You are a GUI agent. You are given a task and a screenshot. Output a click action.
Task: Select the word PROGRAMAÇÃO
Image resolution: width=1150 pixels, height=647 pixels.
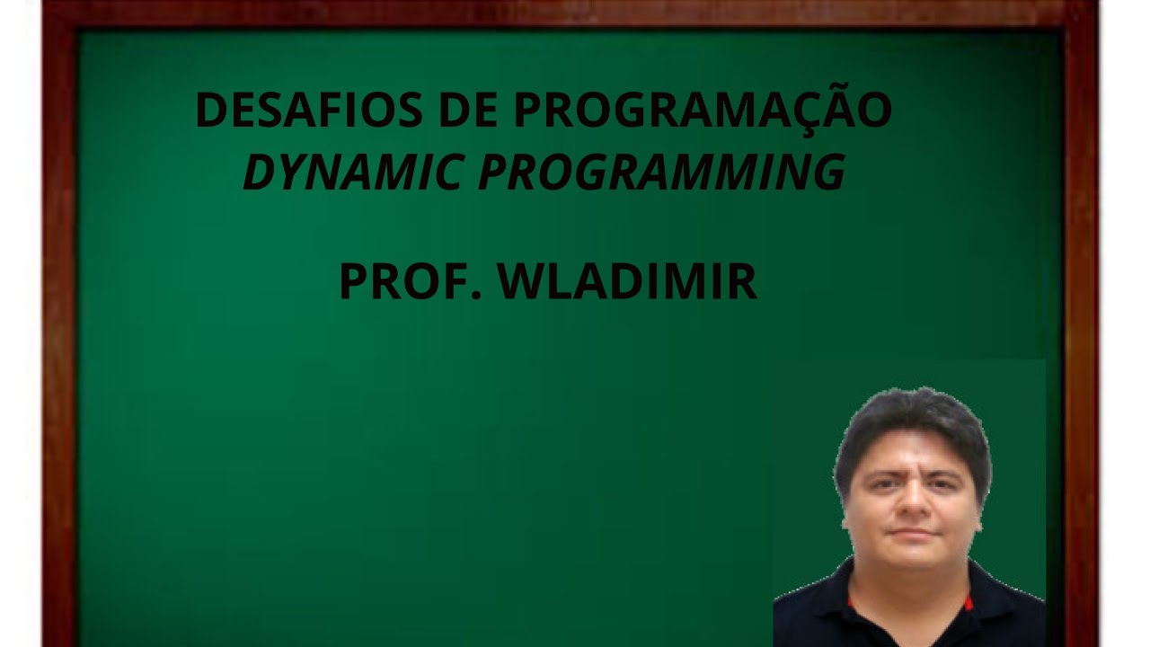coord(703,110)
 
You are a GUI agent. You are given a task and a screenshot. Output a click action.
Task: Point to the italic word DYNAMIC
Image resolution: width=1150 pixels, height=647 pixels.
coord(350,173)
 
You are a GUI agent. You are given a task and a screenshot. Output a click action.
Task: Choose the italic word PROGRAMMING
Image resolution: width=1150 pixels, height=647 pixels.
coord(661,173)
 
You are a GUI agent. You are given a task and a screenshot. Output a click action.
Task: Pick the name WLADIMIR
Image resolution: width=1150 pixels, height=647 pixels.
coord(628,281)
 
